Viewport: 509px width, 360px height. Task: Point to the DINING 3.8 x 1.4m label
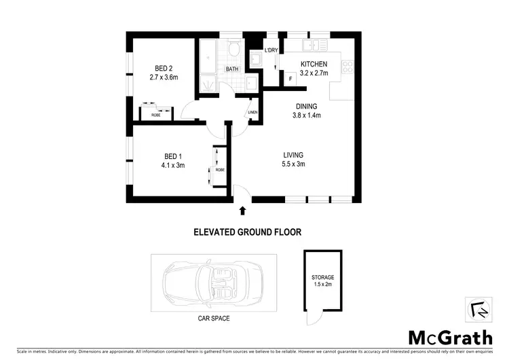307,111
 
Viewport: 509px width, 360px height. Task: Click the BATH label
232,69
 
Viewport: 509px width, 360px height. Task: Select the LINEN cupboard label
253,112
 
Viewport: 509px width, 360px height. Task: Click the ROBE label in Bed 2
156,115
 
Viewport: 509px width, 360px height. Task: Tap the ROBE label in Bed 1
220,169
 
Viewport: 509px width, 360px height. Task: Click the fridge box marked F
291,79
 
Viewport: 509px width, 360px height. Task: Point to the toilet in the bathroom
234,50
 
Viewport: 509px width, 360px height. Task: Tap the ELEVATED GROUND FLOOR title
244,232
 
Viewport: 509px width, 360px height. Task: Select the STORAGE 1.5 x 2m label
323,281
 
